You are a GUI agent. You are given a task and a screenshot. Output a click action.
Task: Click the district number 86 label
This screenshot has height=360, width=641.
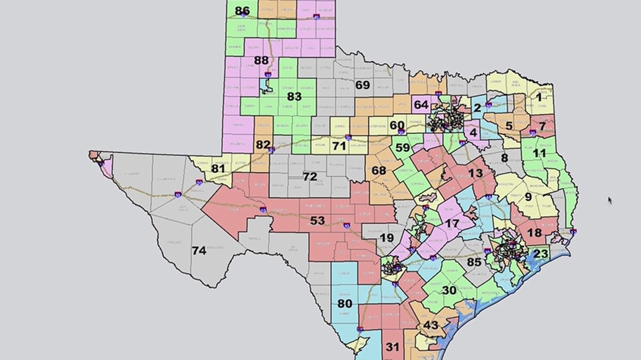[x=242, y=11]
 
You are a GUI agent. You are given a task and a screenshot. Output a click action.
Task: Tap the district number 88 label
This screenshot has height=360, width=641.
[x=261, y=60]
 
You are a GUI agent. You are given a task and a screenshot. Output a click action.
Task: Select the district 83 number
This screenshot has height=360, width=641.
[x=294, y=97]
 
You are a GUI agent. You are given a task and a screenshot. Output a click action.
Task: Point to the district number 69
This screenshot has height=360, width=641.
[x=362, y=85]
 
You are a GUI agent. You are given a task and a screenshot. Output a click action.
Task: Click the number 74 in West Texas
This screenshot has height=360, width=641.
[x=199, y=251]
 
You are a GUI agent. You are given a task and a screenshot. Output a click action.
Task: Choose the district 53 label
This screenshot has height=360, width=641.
[x=318, y=221]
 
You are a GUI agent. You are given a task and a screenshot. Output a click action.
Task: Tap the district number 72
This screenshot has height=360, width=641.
[x=310, y=177]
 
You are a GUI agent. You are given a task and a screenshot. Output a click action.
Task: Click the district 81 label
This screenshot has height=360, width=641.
[x=218, y=169]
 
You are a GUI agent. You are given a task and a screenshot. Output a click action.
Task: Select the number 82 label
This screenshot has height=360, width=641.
[x=263, y=145]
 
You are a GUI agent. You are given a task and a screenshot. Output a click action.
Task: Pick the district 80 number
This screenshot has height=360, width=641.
[x=345, y=304]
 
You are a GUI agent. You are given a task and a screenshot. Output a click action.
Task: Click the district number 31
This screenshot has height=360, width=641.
[x=392, y=347]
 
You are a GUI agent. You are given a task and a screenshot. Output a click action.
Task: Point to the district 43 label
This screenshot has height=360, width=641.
[x=430, y=325]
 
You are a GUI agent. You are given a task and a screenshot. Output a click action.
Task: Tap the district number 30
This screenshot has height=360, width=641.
[x=449, y=290]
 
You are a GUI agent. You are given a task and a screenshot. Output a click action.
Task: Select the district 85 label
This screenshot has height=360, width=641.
[x=474, y=262]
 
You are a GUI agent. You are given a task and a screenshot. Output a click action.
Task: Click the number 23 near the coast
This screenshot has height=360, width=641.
[x=540, y=254]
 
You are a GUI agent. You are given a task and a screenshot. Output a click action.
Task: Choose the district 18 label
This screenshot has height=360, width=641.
[x=534, y=232]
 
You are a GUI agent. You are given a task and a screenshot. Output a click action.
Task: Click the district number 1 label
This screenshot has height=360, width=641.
[x=538, y=97]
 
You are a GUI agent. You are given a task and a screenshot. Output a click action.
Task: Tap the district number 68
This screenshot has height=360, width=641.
[x=378, y=171]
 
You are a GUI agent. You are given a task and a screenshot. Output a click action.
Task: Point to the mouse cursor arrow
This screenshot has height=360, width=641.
[x=610, y=200]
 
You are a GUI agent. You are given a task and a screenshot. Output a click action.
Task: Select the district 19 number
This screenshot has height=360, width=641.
[x=387, y=238]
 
